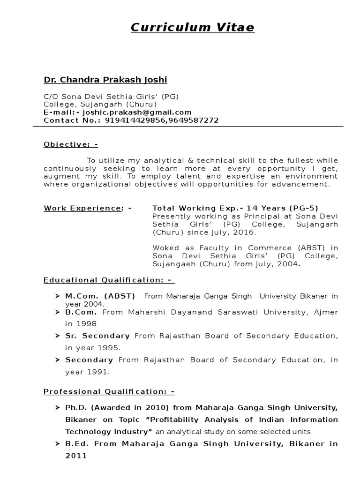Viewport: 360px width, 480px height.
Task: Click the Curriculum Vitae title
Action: [192, 28]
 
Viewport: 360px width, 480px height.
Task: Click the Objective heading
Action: [71, 144]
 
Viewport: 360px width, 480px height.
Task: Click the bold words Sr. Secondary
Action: [97, 336]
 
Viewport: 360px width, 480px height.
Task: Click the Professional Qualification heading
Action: [109, 392]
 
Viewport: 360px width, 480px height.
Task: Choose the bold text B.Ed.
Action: [77, 444]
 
